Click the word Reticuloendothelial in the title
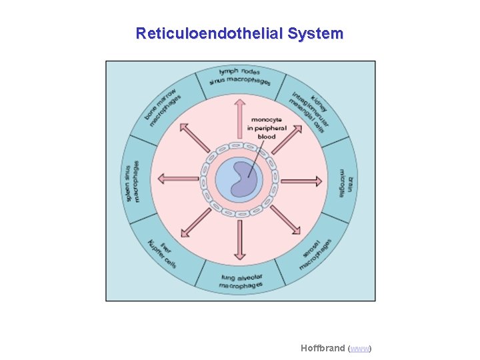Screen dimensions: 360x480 click(x=209, y=33)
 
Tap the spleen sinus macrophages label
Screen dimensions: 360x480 click(x=134, y=181)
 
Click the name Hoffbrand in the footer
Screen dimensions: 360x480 click(x=323, y=348)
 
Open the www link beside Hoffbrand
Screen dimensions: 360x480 click(x=360, y=349)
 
